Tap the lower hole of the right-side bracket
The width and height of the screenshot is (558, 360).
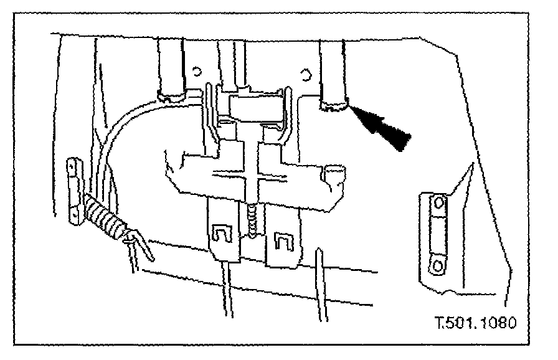pos(438,266)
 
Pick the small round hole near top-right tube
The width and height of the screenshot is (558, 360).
pos(305,75)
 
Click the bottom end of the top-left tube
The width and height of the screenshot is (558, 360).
pos(173,95)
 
